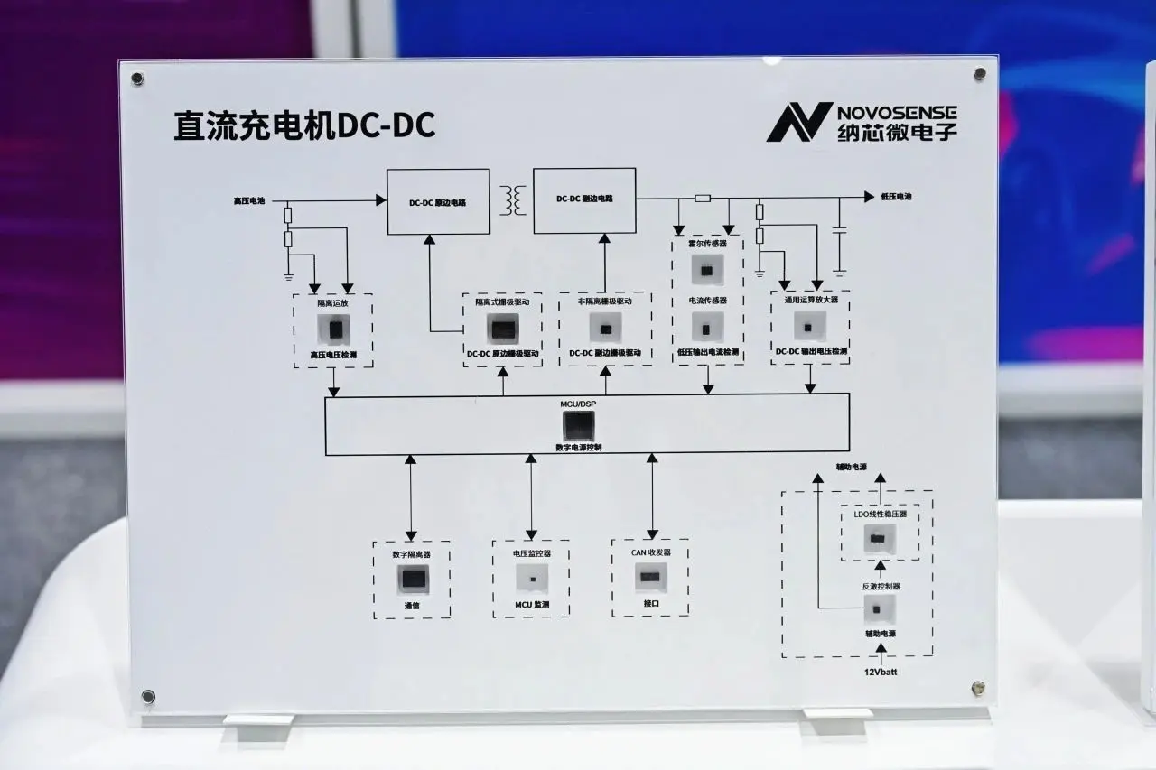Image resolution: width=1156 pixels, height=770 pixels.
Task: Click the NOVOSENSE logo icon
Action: pos(799,122)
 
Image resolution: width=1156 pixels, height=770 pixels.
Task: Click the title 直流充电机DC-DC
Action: pos(304,126)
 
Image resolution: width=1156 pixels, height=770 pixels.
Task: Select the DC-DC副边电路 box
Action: pos(584,199)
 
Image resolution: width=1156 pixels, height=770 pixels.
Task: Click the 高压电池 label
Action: pos(249,200)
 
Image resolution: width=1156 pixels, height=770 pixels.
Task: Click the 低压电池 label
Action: pos(896,196)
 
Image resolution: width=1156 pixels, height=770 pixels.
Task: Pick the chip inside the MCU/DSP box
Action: pos(578,424)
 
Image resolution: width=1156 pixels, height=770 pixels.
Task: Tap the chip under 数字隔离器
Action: pos(413,580)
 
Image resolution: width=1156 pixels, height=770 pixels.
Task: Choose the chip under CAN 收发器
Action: pos(650,575)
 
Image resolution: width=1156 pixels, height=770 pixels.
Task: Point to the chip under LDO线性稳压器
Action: pos(877,539)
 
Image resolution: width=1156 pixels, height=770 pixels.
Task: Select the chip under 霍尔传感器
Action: pos(707,269)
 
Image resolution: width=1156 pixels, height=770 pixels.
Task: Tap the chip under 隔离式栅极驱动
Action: pos(503,329)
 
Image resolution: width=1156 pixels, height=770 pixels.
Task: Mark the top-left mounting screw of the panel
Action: pos(137,79)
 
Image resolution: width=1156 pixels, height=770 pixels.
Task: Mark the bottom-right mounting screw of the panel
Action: pos(977,689)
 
